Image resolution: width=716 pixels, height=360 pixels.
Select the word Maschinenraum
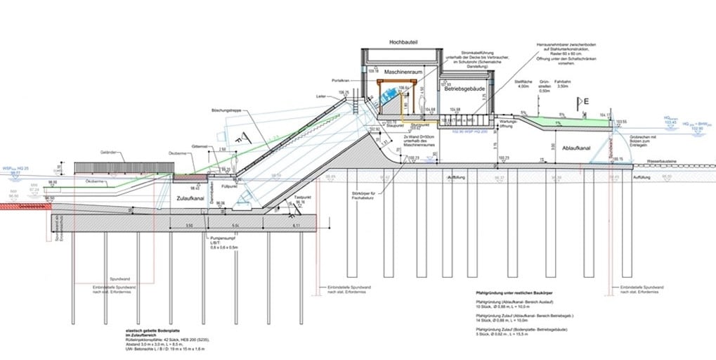coord(403,72)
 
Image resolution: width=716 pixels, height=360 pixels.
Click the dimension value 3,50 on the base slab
coord(189,226)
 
